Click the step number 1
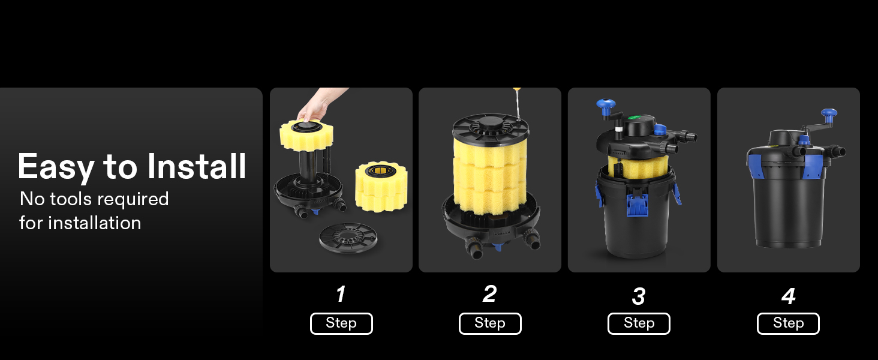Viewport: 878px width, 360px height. coord(341,294)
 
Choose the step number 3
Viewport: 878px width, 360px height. coord(639,296)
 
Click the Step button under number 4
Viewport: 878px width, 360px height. coord(788,323)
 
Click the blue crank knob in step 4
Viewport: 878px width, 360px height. coord(829,113)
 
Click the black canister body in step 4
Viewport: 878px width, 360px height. coord(788,207)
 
